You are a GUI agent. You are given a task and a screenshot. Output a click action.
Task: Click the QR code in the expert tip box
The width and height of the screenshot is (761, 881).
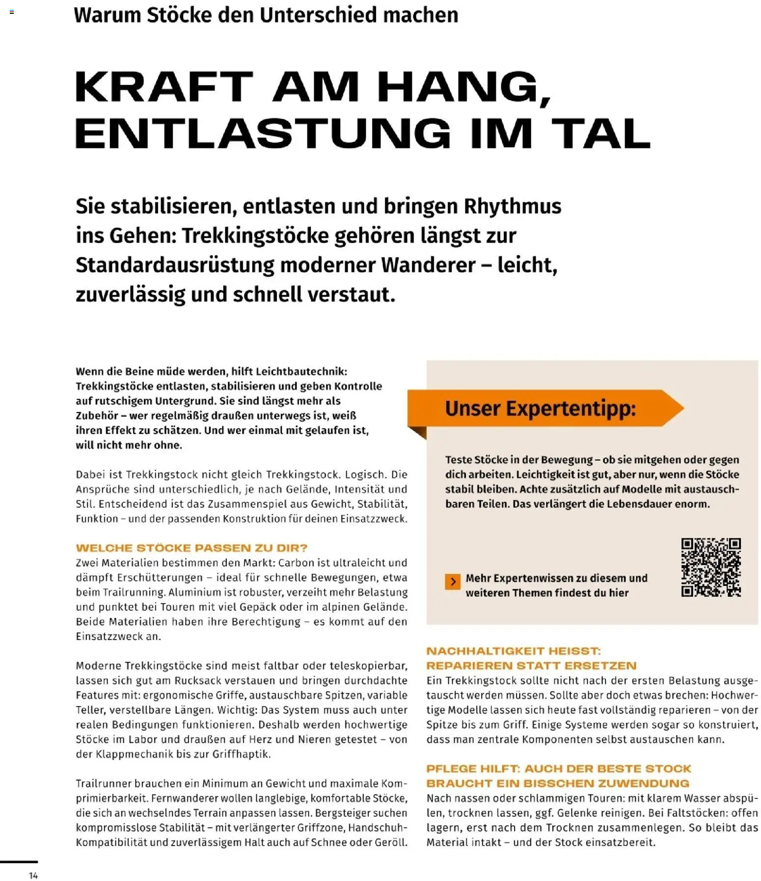click(x=710, y=567)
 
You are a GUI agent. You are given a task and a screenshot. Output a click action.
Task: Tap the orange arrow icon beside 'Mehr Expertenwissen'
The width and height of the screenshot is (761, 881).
click(x=452, y=581)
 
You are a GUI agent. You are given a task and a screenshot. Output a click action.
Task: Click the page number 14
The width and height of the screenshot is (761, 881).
click(x=33, y=875)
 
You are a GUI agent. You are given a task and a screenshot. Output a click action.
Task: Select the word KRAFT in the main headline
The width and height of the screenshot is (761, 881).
click(x=164, y=87)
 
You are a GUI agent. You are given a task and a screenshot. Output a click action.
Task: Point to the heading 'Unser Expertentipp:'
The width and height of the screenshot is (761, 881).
click(x=540, y=408)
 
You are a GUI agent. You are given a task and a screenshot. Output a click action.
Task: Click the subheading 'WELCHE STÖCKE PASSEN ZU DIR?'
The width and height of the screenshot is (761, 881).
click(x=191, y=548)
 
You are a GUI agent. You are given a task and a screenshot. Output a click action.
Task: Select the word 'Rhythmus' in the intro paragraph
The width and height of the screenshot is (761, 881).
click(x=512, y=206)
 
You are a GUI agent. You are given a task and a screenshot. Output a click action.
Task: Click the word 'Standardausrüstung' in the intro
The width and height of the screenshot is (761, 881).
click(x=175, y=265)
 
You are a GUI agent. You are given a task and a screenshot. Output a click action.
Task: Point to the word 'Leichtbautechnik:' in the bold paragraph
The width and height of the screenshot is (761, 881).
click(x=301, y=372)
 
